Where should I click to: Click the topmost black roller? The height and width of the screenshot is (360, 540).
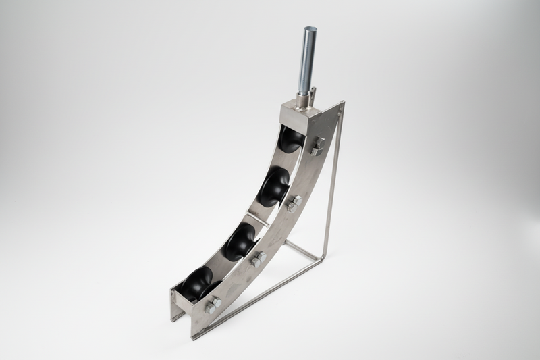[x=292, y=140]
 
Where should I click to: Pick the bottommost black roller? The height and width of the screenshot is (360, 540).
[x=195, y=282]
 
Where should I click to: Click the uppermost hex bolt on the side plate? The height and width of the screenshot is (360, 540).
[x=318, y=145]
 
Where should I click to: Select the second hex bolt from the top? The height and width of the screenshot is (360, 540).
[x=293, y=203]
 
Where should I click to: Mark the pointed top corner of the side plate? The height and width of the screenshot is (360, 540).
[x=342, y=103]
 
